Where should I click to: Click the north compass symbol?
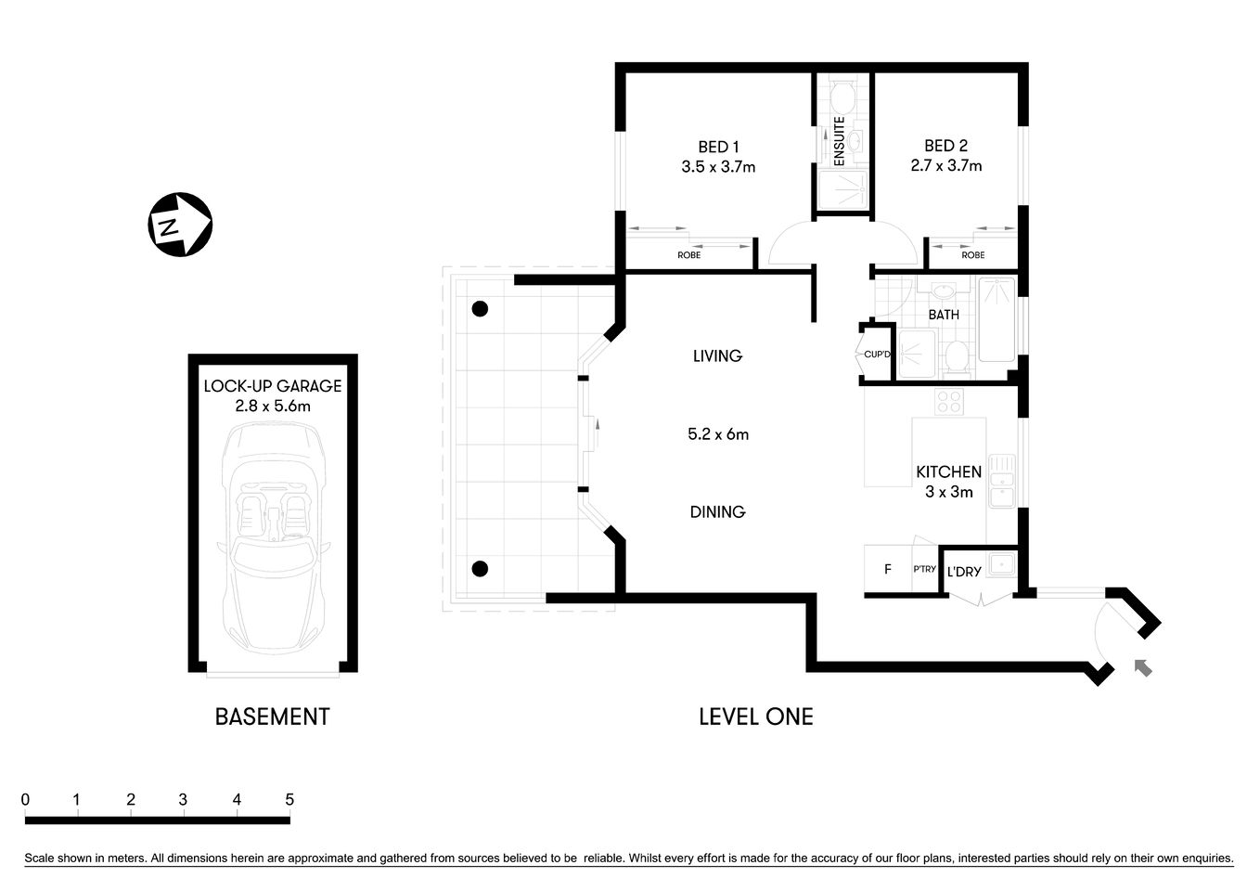click(x=180, y=225)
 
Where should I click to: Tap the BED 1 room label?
click(x=718, y=147)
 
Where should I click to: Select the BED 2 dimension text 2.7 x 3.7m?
click(x=945, y=166)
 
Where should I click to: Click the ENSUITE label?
click(x=839, y=141)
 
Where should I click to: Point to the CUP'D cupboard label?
click(x=877, y=355)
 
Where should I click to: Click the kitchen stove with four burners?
click(x=949, y=402)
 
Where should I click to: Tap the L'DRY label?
click(x=964, y=572)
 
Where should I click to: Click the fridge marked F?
click(x=888, y=570)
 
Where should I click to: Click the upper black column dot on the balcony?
click(x=480, y=309)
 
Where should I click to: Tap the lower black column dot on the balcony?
click(x=480, y=569)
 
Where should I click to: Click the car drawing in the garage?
click(x=273, y=538)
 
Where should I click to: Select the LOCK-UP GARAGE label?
click(x=273, y=386)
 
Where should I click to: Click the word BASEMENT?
click(x=272, y=717)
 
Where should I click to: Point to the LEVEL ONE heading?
click(x=755, y=717)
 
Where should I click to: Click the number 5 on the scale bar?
click(x=289, y=799)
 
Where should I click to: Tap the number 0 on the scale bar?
click(x=26, y=799)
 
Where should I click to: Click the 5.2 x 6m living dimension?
click(x=717, y=434)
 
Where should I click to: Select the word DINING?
click(x=717, y=512)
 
